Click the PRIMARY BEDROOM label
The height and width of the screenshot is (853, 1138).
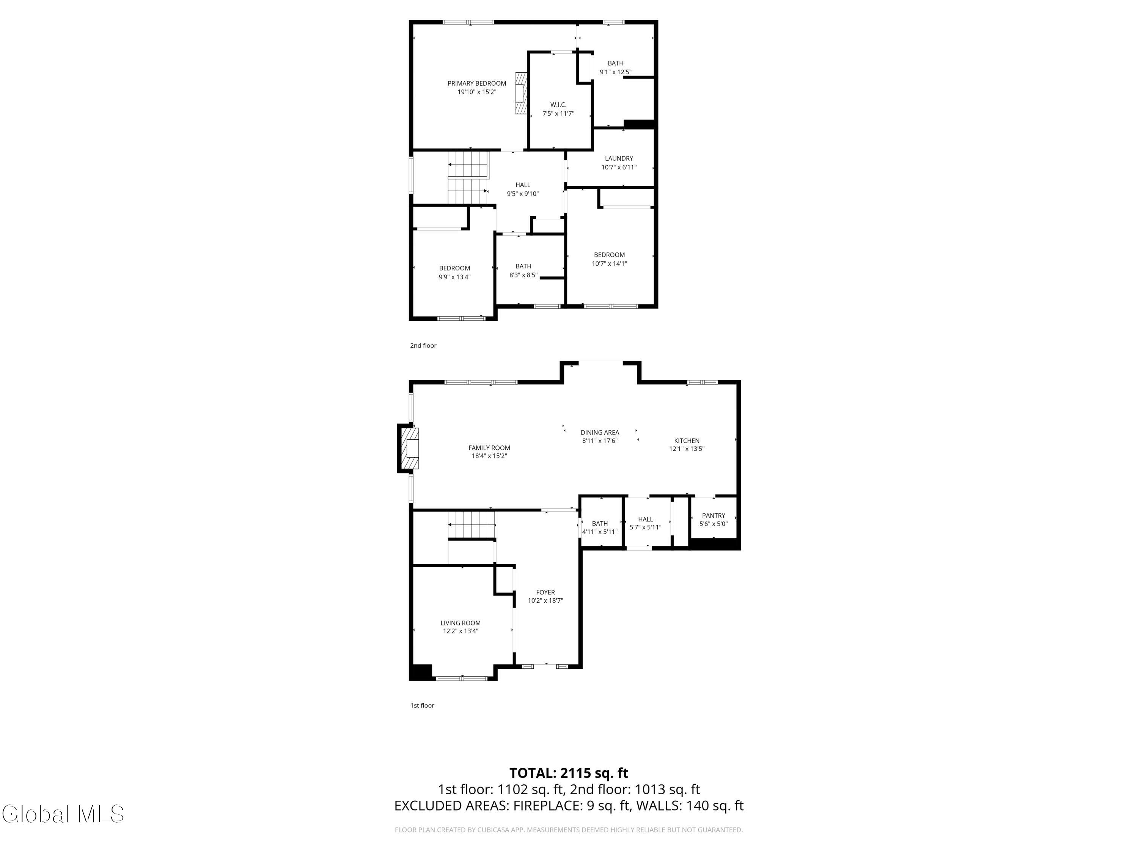(476, 83)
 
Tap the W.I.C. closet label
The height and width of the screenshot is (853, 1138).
(558, 105)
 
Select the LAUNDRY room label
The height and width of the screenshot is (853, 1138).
(619, 158)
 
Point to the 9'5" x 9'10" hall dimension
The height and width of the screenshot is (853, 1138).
(523, 194)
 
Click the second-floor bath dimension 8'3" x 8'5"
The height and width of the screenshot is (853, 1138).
(523, 275)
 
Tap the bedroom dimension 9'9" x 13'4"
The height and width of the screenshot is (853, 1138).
(454, 277)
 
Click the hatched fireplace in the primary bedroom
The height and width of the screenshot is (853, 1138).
(521, 93)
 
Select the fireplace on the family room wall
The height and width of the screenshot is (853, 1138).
(409, 448)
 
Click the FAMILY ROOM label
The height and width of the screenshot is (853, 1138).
(489, 448)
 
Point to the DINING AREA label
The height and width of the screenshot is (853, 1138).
(600, 433)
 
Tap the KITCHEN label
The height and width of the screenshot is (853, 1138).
(687, 441)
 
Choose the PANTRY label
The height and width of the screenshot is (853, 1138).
(714, 516)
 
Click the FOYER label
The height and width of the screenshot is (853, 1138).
(545, 592)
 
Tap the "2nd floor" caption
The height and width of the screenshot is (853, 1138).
(423, 345)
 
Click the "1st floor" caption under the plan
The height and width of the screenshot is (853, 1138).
(422, 706)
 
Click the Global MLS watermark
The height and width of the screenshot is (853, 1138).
(63, 814)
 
